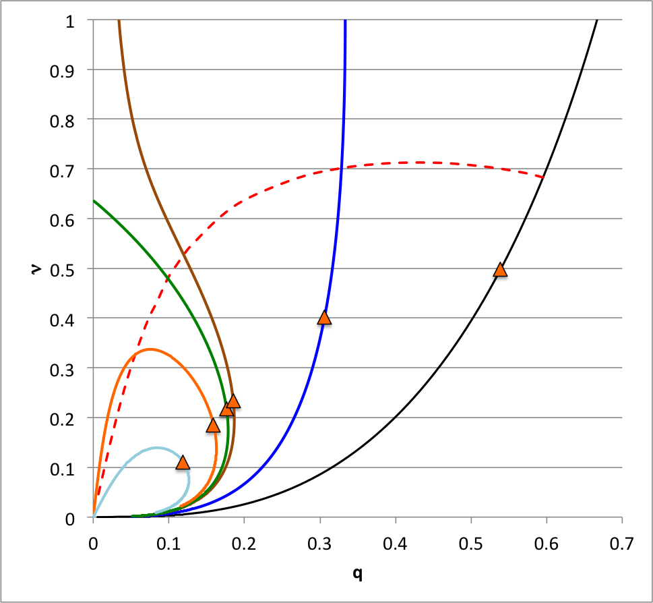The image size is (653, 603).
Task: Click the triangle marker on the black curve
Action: [x=499, y=270]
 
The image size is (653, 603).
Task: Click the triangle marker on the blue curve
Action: [x=324, y=318]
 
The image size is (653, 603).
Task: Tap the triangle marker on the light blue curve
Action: [x=182, y=462]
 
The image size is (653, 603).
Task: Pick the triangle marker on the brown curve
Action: [x=233, y=401]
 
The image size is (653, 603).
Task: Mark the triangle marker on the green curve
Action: [x=226, y=410]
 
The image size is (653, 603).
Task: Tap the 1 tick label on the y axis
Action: [x=70, y=21]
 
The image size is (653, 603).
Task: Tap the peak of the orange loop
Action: [x=150, y=349]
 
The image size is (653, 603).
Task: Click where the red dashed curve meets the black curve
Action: [x=543, y=177]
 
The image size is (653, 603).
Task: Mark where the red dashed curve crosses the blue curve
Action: [x=341, y=168]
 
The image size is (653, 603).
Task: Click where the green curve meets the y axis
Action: [x=94, y=200]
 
